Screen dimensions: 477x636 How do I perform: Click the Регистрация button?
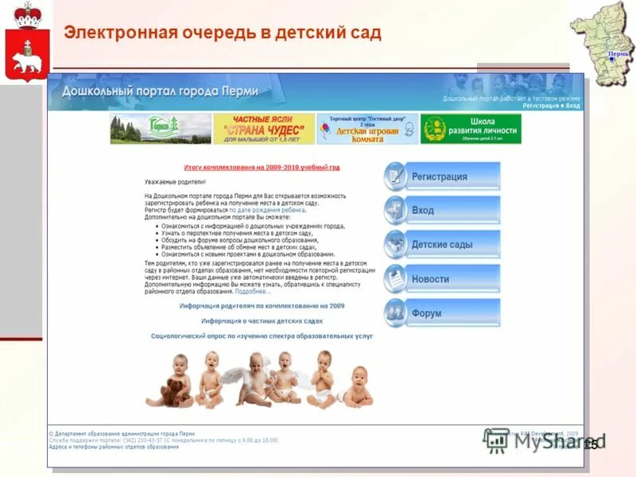pos(442,176)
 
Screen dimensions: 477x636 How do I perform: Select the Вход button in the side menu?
pos(442,211)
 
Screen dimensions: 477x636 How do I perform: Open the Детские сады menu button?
pos(442,245)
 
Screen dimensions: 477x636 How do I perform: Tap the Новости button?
pos(442,279)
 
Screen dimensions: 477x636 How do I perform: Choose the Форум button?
pos(442,313)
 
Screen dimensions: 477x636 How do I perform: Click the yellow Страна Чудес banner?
pos(263,129)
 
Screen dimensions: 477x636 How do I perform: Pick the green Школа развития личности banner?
pos(471,129)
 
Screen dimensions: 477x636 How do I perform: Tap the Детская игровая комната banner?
pos(366,129)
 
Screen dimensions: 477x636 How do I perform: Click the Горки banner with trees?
pos(160,129)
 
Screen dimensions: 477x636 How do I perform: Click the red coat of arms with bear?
pos(26,43)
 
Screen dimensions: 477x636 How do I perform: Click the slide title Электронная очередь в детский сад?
pos(223,33)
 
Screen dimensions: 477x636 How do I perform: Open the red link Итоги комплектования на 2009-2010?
pos(262,168)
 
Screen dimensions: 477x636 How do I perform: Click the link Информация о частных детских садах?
pos(262,320)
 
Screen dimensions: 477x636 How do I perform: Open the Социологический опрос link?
pos(262,336)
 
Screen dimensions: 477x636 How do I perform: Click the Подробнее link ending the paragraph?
pos(253,291)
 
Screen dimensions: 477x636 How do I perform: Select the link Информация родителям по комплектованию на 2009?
pos(262,305)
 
